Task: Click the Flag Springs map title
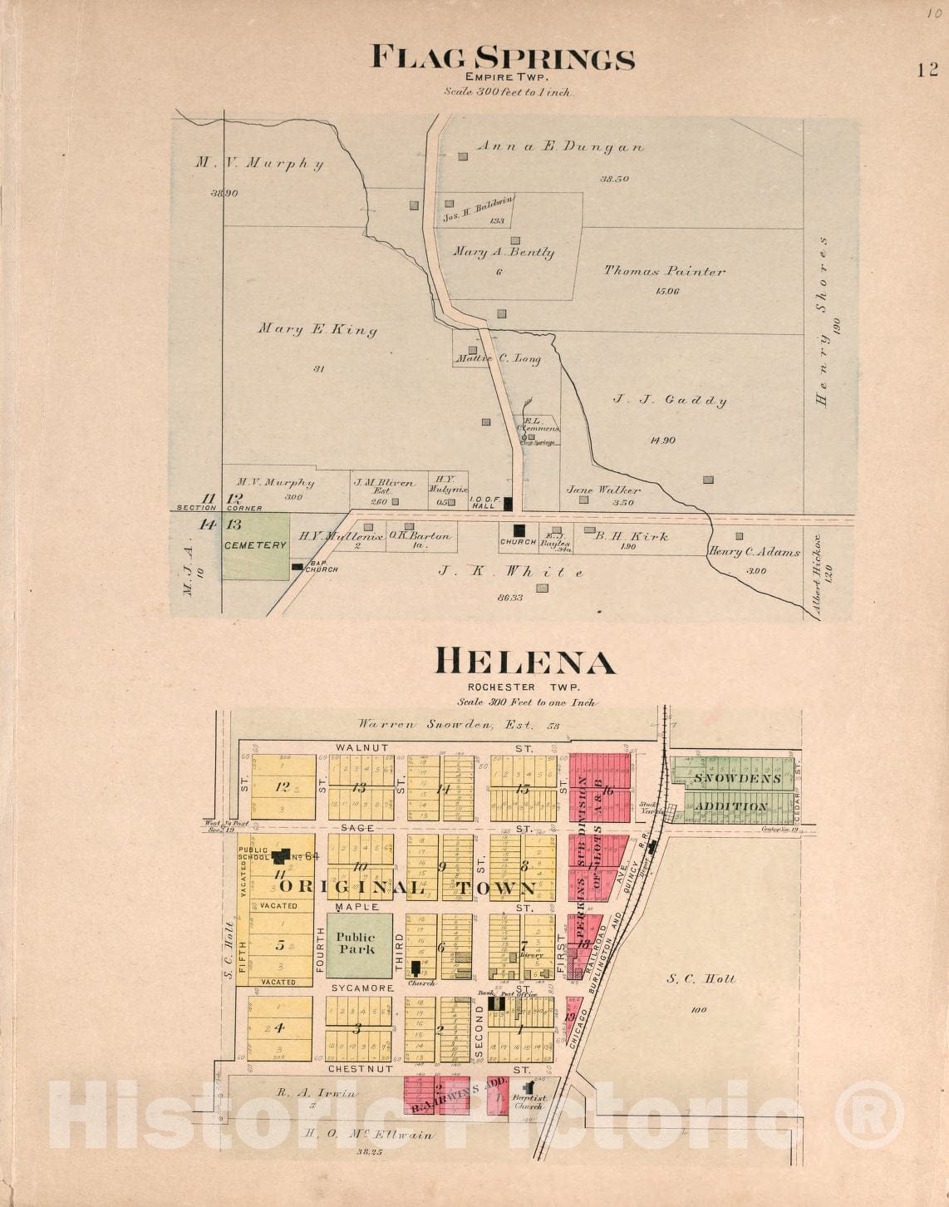502,59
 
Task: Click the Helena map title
525,663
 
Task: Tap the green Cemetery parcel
255,546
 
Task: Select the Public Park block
358,945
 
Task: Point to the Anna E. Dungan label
559,146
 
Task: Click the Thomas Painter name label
664,270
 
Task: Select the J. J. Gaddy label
669,400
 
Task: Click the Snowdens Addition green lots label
730,792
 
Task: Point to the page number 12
927,70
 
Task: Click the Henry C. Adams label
754,552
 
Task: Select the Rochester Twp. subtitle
523,687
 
